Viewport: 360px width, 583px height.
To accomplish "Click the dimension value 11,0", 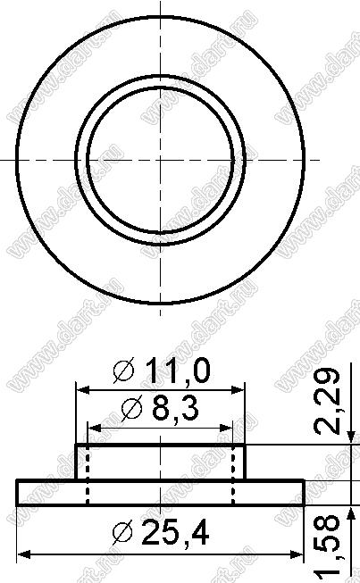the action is [178, 371].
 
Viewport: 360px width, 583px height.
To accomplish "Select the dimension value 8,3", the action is [175, 408].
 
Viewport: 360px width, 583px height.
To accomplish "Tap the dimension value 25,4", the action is [176, 532].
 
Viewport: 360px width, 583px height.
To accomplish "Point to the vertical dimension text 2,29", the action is [327, 401].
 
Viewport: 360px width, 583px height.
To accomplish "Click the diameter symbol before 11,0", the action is [124, 371].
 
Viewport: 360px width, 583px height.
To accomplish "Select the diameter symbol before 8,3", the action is [132, 408].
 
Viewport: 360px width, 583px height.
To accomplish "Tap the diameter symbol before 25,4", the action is [122, 532].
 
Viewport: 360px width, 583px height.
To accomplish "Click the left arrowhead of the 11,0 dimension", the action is [82, 390].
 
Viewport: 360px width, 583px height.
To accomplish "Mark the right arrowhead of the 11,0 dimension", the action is [238, 390].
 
